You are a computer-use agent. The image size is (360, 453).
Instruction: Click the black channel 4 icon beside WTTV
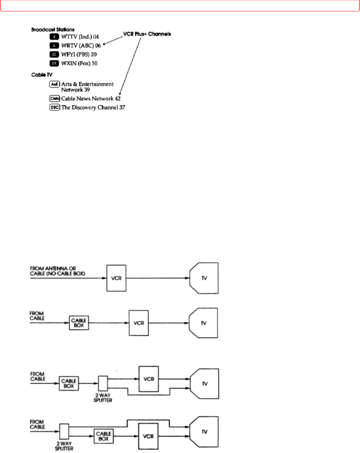(x=54, y=36)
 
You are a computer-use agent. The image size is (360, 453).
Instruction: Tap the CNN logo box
(x=54, y=99)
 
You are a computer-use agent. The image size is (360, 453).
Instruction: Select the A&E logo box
(x=54, y=84)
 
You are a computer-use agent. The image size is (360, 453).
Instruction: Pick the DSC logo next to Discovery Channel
(x=54, y=107)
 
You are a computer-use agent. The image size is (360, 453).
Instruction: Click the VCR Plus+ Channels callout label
(x=147, y=34)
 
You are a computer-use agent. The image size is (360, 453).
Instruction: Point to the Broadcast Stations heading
(x=53, y=29)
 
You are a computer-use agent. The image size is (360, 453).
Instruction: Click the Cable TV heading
(x=41, y=75)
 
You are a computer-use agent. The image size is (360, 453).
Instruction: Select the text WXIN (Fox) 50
(x=79, y=64)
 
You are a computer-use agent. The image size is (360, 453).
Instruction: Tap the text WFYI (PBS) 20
(x=79, y=54)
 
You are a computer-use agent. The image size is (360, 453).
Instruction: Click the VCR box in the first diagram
(x=116, y=278)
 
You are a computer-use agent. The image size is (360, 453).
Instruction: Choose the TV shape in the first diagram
(x=204, y=278)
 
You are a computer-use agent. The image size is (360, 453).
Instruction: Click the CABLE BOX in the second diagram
(x=79, y=323)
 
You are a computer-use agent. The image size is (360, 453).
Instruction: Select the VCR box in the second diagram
(x=139, y=323)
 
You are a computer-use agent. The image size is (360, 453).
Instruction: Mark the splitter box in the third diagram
(x=103, y=384)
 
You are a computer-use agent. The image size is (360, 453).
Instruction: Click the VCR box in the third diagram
(x=149, y=379)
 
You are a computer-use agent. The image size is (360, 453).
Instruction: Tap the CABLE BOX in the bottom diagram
(x=104, y=436)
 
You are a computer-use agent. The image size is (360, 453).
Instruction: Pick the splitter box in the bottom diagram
(x=64, y=431)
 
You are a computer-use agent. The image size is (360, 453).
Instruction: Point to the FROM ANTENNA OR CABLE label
(x=57, y=271)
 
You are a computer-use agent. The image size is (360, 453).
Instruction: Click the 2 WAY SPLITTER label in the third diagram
(x=103, y=398)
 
